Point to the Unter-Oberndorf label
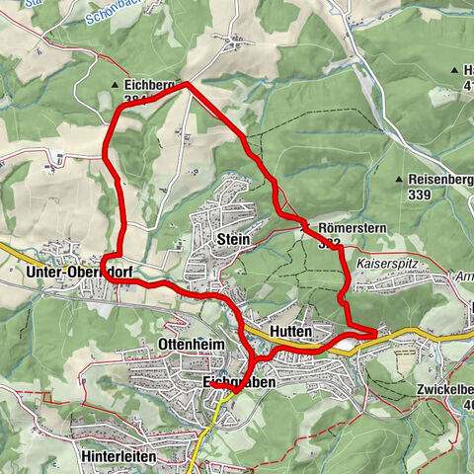tap(79, 273)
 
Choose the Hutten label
tap(290, 330)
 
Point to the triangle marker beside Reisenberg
tap(398, 179)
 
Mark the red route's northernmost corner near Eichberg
tap(186, 85)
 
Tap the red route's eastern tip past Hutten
tap(376, 334)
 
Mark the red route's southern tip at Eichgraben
tap(234, 392)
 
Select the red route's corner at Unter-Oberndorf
tap(107, 278)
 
